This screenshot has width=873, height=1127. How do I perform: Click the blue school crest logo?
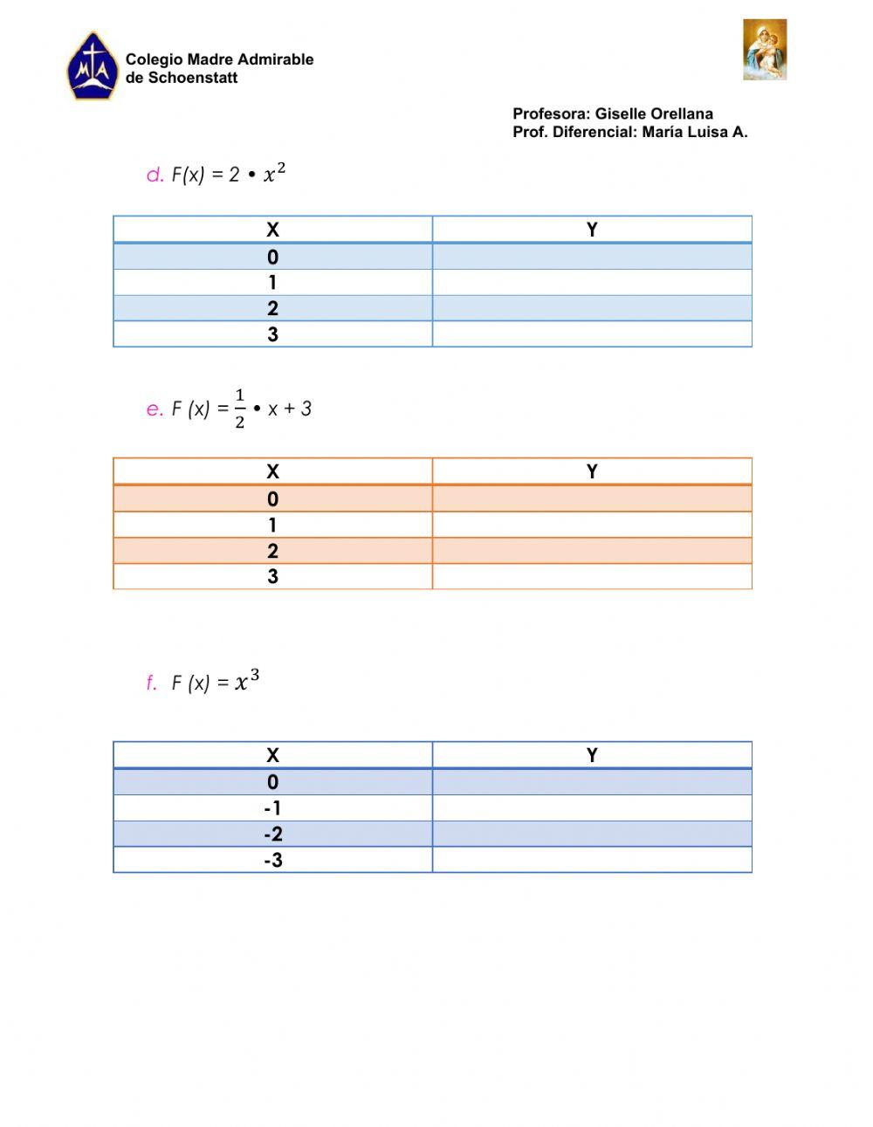[x=92, y=67]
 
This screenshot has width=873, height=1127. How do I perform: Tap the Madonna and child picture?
[x=765, y=50]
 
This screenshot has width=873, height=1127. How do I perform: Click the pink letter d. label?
[x=155, y=175]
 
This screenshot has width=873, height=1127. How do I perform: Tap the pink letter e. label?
[x=155, y=409]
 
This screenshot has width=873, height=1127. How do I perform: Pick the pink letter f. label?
[x=152, y=684]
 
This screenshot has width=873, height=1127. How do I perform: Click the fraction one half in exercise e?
[x=240, y=409]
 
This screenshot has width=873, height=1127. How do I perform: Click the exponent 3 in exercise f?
[x=254, y=675]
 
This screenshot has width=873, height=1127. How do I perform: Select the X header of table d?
[x=272, y=230]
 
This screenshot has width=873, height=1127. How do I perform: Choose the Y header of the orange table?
[x=592, y=471]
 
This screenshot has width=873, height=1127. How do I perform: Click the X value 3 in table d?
[x=272, y=334]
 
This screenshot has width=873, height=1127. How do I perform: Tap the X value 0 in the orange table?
[x=272, y=498]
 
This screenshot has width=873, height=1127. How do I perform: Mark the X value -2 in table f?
[x=272, y=835]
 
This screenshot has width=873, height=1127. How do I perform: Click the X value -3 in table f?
[x=272, y=861]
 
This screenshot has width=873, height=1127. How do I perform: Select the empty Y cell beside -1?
[x=592, y=808]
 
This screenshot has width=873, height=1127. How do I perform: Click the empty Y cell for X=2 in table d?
[x=592, y=308]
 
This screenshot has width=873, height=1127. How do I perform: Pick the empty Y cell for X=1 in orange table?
[x=592, y=525]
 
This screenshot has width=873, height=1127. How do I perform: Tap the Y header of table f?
[x=592, y=755]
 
